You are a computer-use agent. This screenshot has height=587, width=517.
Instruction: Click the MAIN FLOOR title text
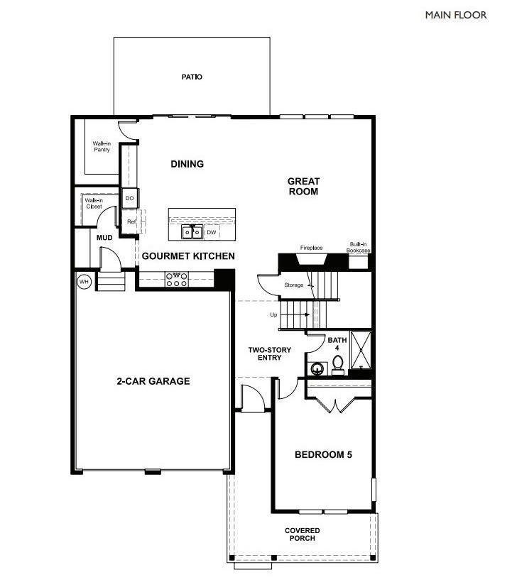point(456,15)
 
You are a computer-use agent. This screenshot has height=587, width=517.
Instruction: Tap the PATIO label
point(192,77)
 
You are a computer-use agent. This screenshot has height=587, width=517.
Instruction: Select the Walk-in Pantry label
point(102,146)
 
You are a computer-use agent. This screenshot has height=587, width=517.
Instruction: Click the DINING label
point(187,164)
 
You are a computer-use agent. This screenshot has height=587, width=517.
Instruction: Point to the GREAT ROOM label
point(303,186)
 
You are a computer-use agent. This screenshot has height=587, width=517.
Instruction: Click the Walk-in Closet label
point(94,204)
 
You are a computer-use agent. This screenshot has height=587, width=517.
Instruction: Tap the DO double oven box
point(130,199)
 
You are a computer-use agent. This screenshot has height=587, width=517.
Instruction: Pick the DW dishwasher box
point(212,232)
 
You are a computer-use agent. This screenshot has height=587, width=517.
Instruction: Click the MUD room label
point(105,237)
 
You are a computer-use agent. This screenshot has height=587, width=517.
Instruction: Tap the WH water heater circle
point(84,282)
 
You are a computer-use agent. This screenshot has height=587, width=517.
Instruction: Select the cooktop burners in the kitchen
point(176,280)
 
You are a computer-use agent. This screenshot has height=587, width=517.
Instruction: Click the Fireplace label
point(311,248)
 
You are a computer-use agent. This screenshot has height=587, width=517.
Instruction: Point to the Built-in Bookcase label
point(358,247)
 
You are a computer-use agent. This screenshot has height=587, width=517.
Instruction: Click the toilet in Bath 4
point(338,365)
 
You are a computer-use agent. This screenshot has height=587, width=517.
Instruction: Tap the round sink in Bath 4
point(317,368)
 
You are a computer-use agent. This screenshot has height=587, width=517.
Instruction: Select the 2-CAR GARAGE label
point(153,381)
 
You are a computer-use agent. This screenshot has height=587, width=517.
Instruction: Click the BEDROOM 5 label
point(323,455)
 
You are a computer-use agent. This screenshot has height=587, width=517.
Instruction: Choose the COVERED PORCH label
point(303,534)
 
